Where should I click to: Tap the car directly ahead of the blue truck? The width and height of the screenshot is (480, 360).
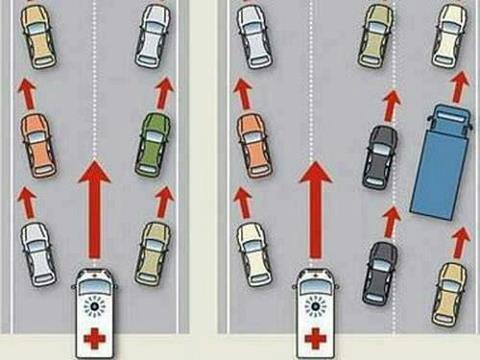450,35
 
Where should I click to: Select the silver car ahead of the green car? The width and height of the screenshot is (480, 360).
153,35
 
